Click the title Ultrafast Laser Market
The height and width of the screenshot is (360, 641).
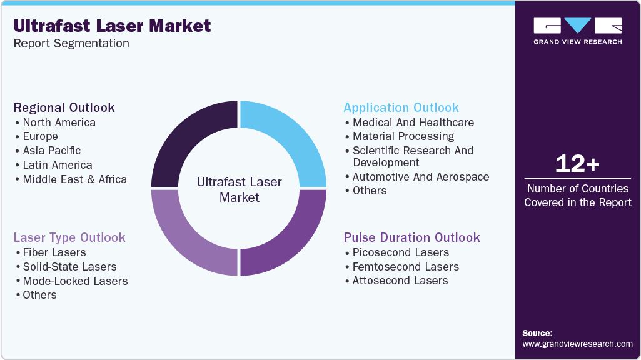(113, 26)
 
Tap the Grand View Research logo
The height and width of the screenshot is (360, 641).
(577, 31)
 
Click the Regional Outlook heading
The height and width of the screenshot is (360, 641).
(64, 107)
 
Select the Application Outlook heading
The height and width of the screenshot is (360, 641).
(401, 107)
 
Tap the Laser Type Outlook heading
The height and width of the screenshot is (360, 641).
(69, 237)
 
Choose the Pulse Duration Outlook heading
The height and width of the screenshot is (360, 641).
(411, 237)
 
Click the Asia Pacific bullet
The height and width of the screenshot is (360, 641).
(52, 151)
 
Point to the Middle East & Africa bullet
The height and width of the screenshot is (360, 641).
(74, 179)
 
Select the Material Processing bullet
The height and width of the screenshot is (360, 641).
(403, 136)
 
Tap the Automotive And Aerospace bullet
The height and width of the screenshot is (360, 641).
(421, 177)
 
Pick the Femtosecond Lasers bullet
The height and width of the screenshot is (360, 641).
(405, 267)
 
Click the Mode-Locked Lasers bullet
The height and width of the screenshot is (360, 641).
(75, 281)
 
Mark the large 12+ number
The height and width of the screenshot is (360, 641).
(577, 164)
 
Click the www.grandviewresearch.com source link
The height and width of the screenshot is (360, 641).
(577, 344)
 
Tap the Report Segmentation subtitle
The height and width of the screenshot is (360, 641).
(71, 44)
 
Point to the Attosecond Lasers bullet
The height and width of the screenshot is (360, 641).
(400, 281)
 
